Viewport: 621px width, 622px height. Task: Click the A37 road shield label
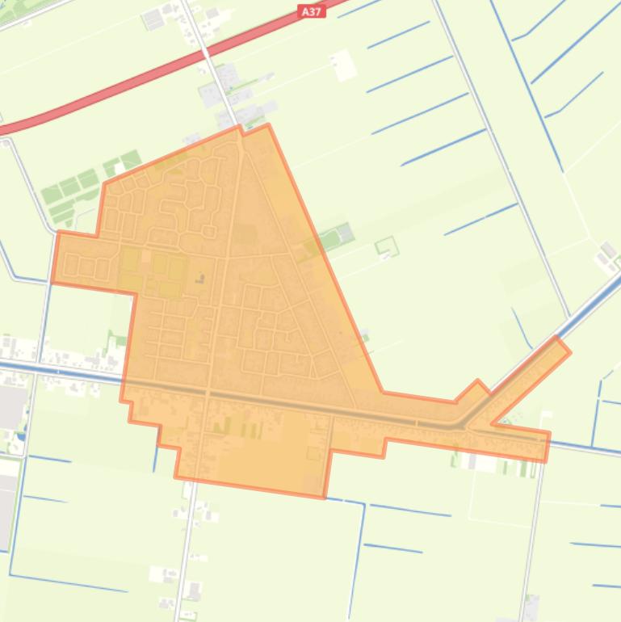coord(311,11)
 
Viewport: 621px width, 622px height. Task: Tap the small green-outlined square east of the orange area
coord(387,246)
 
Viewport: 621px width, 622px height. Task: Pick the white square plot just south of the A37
coord(344,65)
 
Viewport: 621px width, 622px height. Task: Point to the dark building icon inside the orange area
coord(199,279)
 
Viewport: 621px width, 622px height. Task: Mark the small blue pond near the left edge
coord(21,437)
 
